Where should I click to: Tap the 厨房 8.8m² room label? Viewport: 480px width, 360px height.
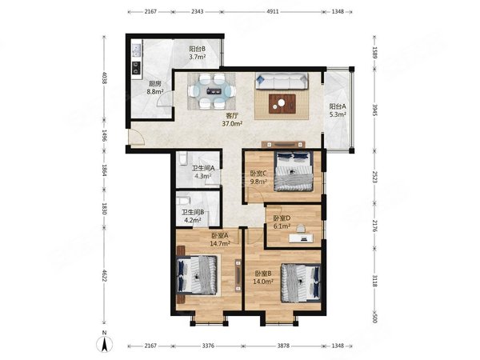point(155,87)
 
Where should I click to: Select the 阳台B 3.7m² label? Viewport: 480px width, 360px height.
point(197,53)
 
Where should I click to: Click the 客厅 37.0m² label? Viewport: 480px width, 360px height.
point(232,120)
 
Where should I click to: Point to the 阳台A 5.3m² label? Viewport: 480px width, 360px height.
point(338,110)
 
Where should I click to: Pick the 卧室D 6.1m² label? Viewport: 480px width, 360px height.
point(282,222)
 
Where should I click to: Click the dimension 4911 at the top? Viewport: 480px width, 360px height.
point(273,12)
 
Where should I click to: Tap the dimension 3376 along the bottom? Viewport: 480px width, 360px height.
point(208,346)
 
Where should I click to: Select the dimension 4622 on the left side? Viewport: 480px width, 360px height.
point(104,275)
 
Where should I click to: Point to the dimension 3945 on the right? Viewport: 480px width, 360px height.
point(374,110)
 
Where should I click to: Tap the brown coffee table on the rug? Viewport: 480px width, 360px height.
point(282,104)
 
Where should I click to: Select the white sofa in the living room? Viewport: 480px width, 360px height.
point(282,81)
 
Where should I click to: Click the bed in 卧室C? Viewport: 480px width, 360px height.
point(294,171)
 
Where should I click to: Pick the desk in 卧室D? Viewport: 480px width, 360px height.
point(302,238)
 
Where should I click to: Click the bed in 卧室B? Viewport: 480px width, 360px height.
point(301,282)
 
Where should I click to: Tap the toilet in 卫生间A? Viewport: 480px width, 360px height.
point(182,159)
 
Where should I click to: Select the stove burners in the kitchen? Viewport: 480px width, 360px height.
point(136,68)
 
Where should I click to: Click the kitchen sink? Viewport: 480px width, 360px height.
point(136,50)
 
